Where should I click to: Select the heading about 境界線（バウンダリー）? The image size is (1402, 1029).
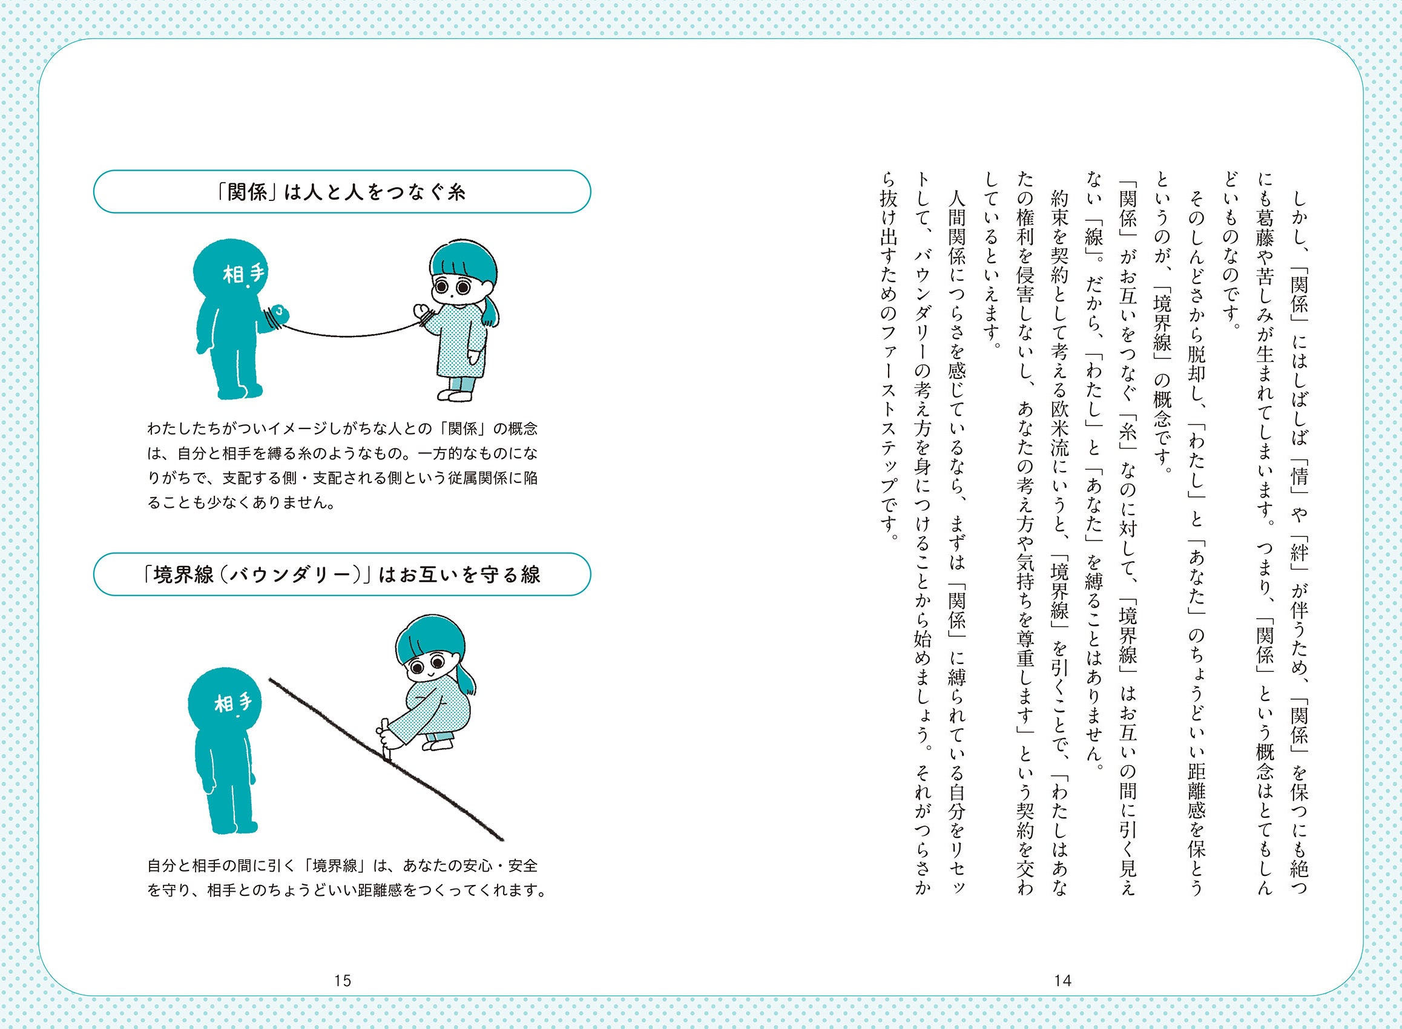pyautogui.click(x=341, y=574)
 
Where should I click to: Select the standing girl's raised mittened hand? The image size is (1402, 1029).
pyautogui.click(x=424, y=314)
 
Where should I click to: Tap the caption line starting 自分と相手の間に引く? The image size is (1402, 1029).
pyautogui.click(x=342, y=866)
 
